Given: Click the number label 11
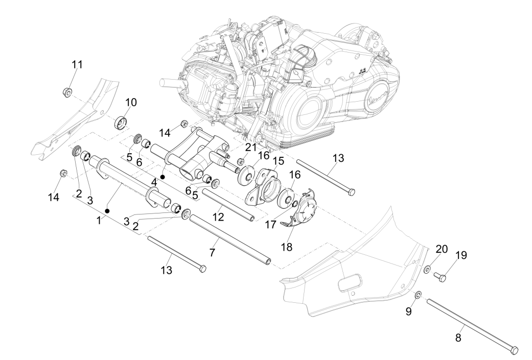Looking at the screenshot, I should click(77, 65).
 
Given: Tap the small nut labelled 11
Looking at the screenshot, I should click(66, 92).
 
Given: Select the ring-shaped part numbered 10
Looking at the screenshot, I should click(121, 123).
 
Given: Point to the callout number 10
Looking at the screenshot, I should click(131, 102).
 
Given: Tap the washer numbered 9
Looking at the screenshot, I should click(418, 295).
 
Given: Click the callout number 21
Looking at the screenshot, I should click(250, 147).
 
